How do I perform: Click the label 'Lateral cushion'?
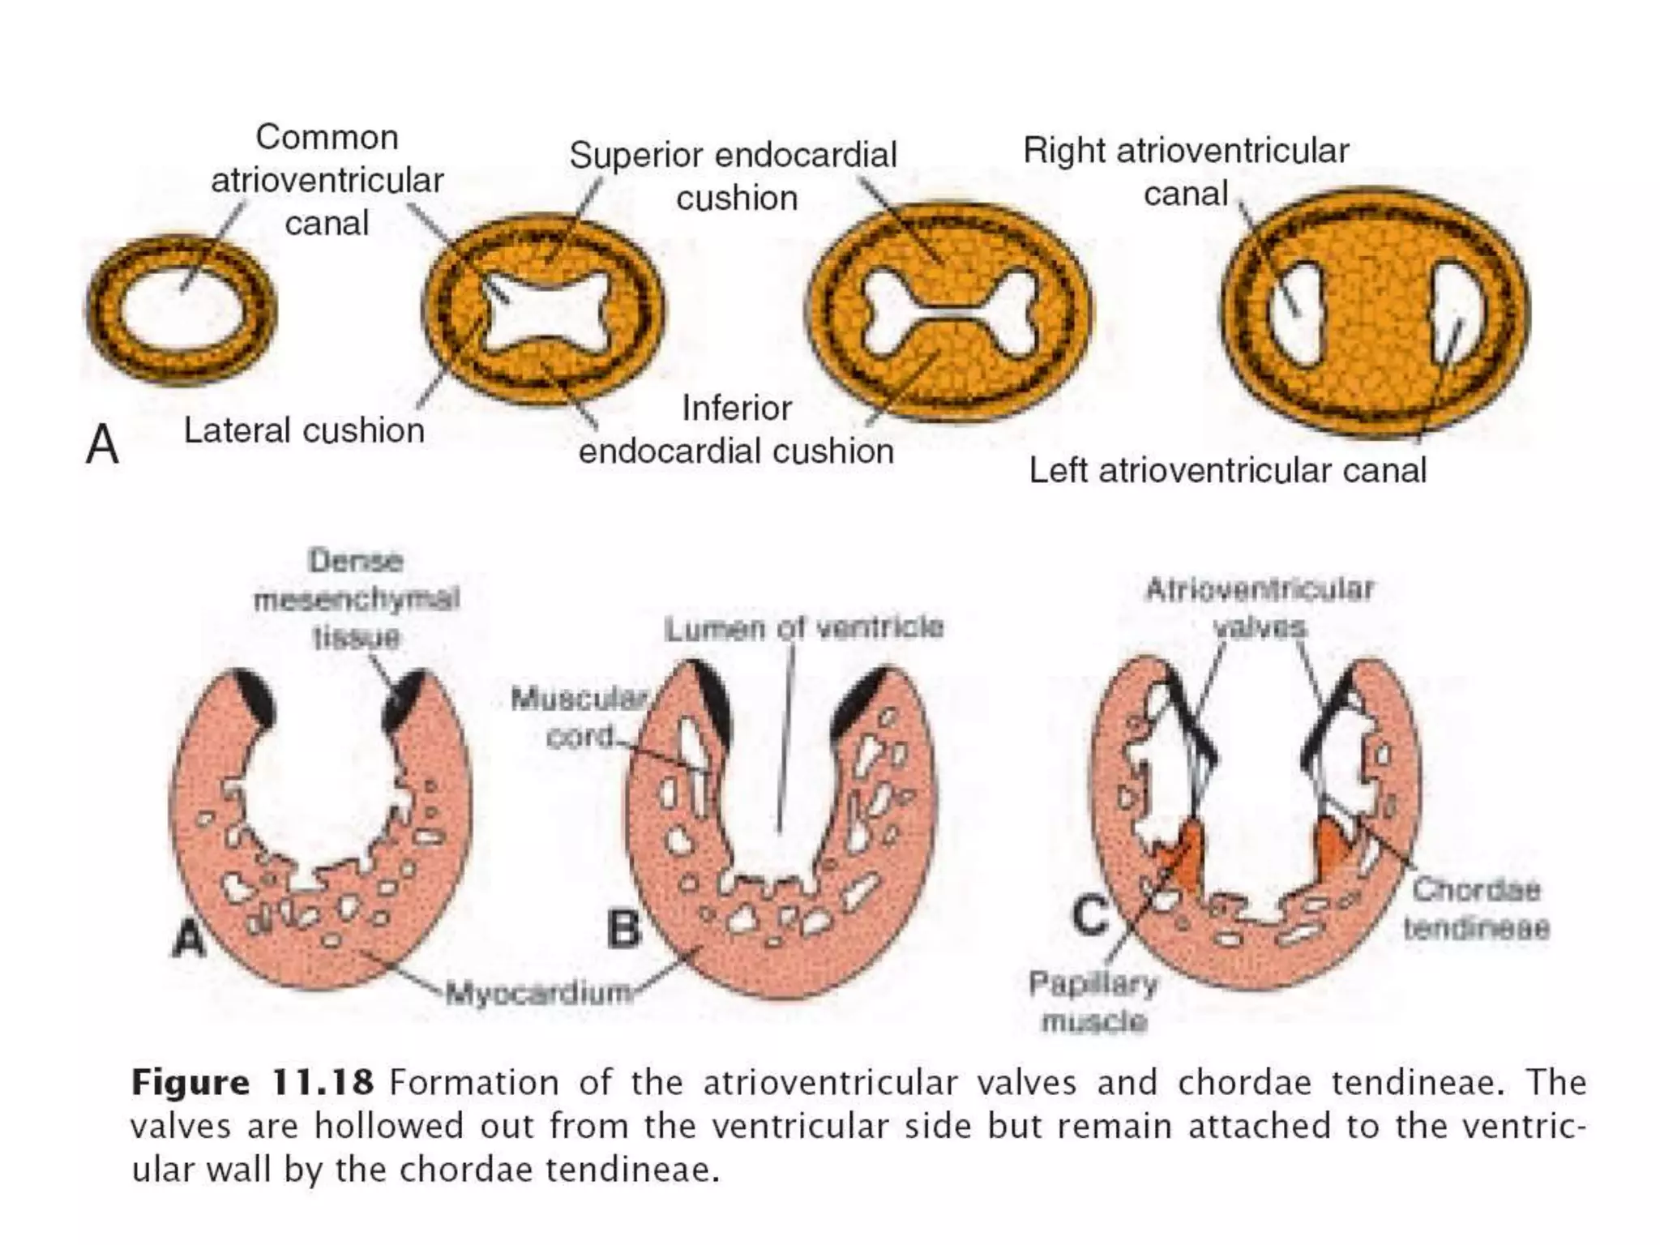click(x=304, y=430)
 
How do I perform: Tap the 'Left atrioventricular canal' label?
click(x=1227, y=470)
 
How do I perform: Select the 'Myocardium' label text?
click(x=539, y=992)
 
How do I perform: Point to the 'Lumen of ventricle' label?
click(x=803, y=627)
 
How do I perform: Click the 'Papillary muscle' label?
click(x=1093, y=1002)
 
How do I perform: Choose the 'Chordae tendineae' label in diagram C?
click(x=1476, y=909)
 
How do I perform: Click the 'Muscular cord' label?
click(x=579, y=717)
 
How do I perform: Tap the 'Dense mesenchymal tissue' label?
click(x=357, y=598)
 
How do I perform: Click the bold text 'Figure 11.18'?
click(x=252, y=1083)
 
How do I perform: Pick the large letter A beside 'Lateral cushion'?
click(x=102, y=445)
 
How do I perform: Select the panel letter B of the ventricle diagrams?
click(x=623, y=929)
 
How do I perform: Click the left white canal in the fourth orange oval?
click(x=1296, y=312)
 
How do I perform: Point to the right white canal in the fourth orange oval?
click(x=1452, y=312)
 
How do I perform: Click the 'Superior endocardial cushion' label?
click(x=734, y=176)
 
